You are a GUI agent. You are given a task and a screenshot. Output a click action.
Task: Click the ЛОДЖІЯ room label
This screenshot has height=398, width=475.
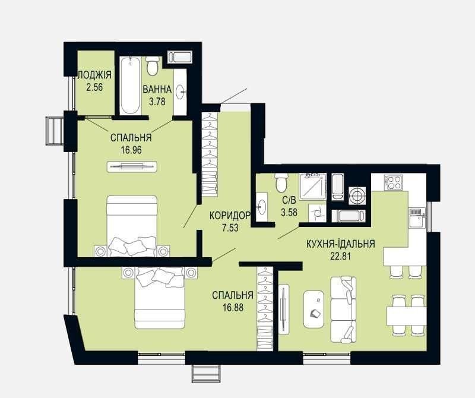95,75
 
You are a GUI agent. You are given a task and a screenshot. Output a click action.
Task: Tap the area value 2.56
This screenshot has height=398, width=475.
94,87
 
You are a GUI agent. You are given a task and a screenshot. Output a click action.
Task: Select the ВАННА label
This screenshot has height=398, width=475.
157,90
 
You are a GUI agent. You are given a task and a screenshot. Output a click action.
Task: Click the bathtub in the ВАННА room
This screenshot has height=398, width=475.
130,85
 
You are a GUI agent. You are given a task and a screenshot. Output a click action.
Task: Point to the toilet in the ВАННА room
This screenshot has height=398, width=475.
152,67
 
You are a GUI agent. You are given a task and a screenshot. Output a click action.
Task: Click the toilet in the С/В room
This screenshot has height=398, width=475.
281,182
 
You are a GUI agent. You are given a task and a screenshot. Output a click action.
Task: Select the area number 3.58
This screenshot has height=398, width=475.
289,212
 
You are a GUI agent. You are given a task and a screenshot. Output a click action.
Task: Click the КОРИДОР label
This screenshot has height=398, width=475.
230,216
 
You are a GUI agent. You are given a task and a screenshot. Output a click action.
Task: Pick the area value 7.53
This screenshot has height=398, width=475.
230,228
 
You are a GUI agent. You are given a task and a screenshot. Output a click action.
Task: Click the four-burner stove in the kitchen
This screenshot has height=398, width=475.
393,182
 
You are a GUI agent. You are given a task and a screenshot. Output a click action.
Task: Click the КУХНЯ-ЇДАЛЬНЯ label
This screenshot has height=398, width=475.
341,244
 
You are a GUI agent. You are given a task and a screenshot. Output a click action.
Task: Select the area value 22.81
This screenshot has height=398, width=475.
341,257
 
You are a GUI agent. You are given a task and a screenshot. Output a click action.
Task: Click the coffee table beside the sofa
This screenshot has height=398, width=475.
313,309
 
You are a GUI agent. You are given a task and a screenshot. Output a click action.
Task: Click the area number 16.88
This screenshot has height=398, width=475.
233,308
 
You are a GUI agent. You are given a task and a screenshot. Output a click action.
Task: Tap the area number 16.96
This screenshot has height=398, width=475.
131,150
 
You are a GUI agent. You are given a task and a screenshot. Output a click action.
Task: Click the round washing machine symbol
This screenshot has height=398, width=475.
357,195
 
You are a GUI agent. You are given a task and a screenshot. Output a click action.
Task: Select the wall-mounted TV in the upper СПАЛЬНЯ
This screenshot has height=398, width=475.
132,166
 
